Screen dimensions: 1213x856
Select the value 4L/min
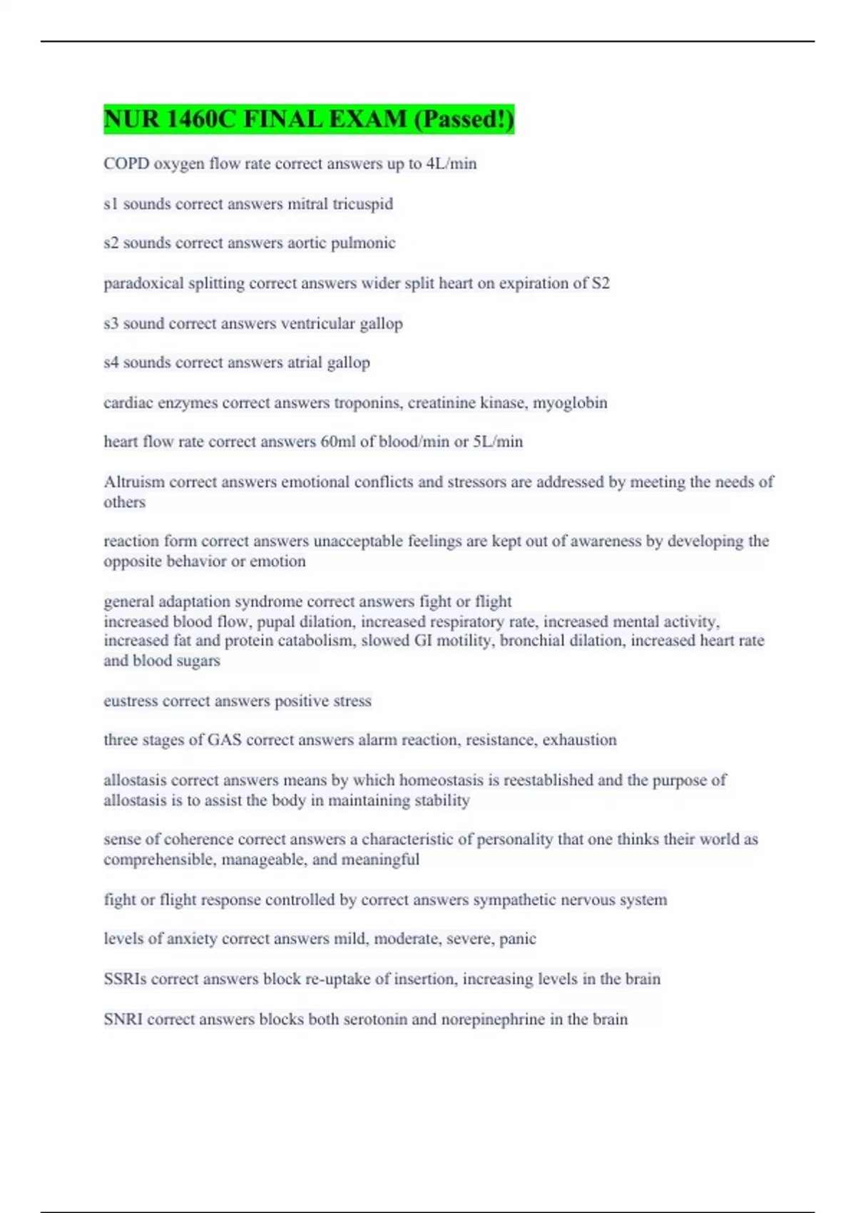[x=451, y=163]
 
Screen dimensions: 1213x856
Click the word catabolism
[x=316, y=641]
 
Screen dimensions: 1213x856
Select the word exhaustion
[x=579, y=740]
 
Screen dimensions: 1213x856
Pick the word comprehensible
[x=160, y=860]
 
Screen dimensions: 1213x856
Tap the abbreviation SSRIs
[x=125, y=979]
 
